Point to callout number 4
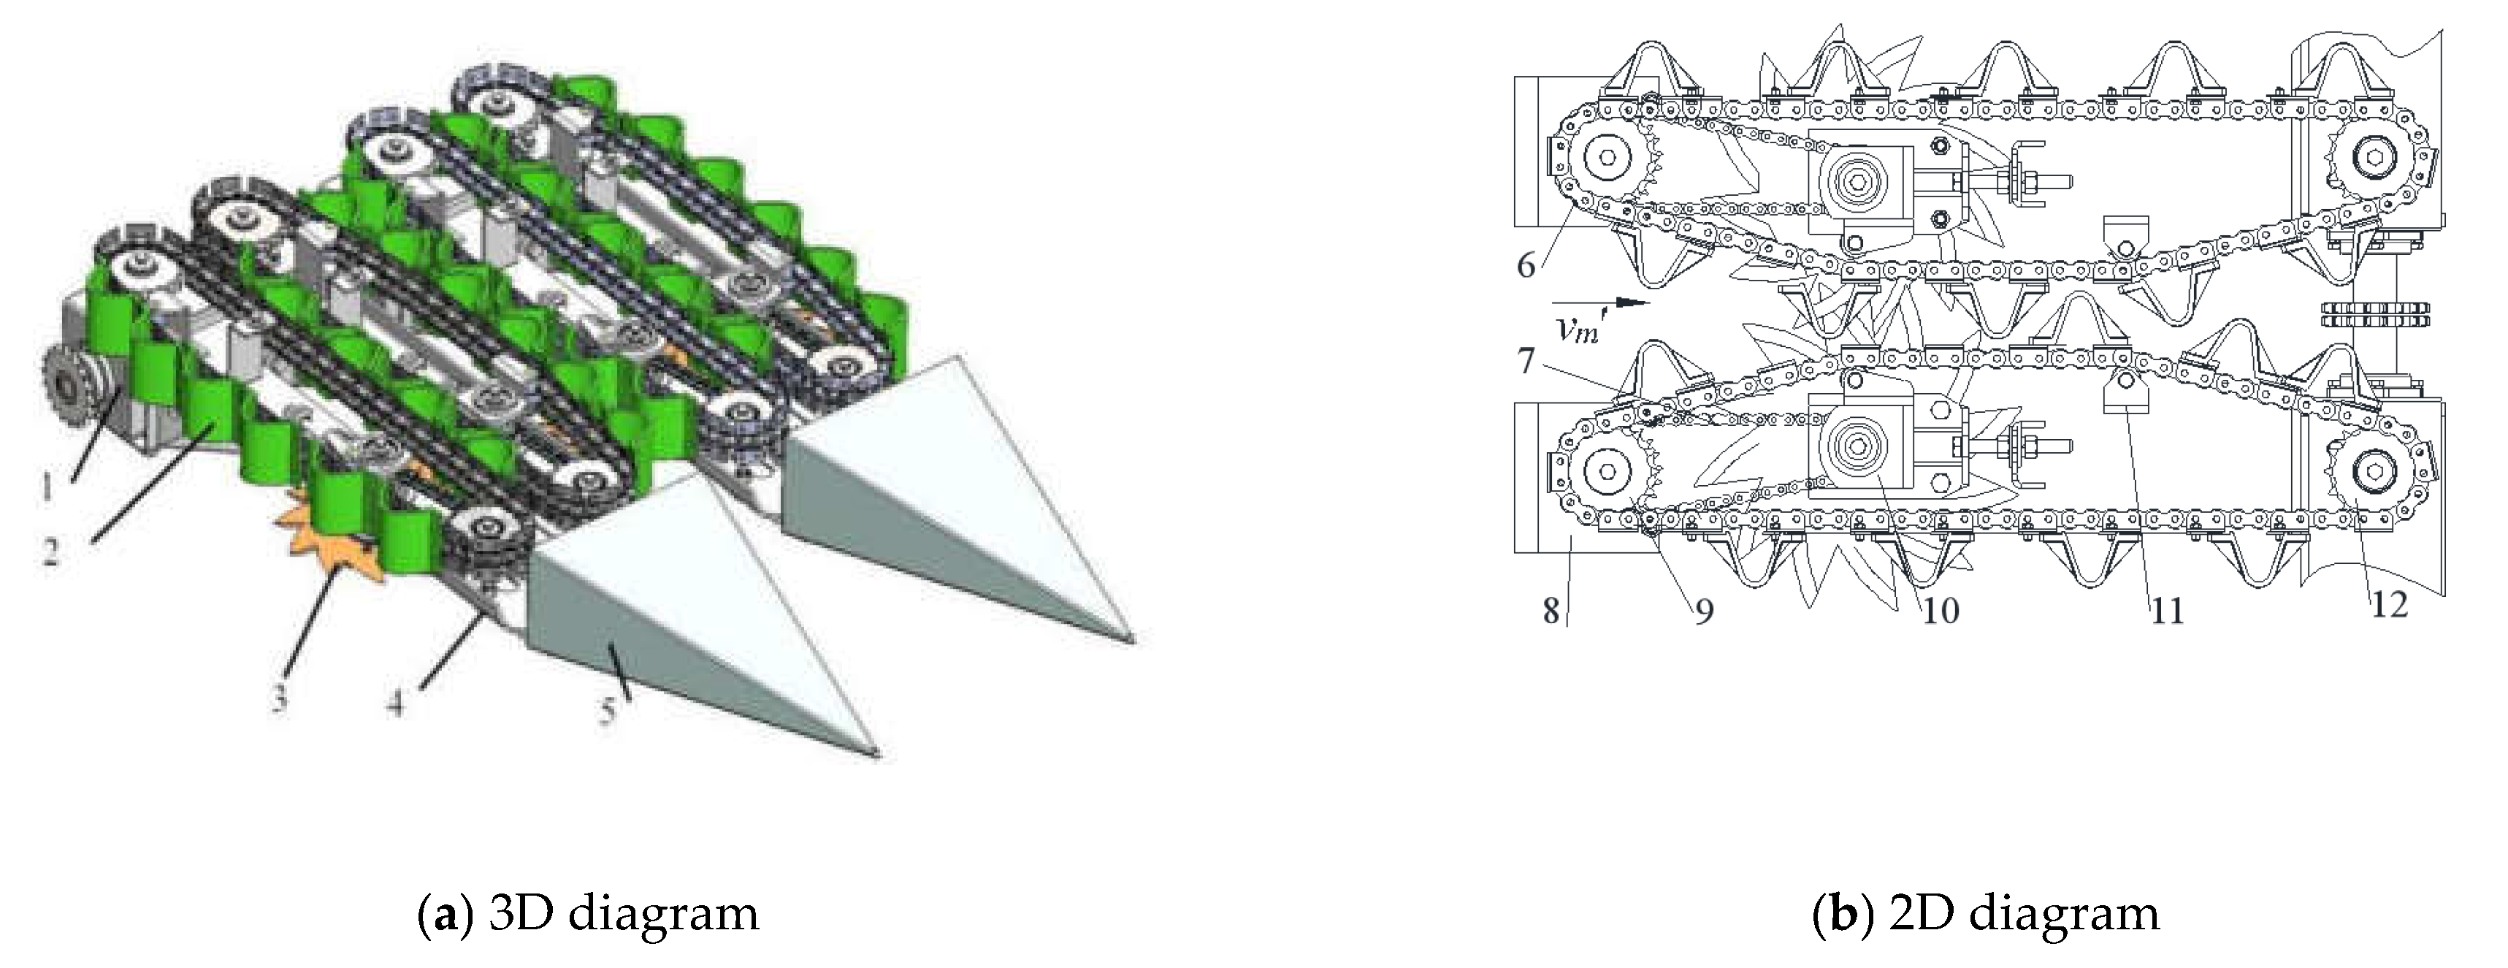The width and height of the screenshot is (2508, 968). click(395, 703)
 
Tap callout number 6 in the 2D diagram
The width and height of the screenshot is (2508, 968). click(1526, 265)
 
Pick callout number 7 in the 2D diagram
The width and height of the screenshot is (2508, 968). click(1526, 362)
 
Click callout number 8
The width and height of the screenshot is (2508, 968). click(1552, 611)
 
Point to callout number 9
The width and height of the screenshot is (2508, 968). click(1703, 611)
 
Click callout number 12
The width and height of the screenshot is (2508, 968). click(2388, 606)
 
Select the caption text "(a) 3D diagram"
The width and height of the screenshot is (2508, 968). click(587, 915)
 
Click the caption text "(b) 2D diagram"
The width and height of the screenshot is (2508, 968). click(1986, 915)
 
